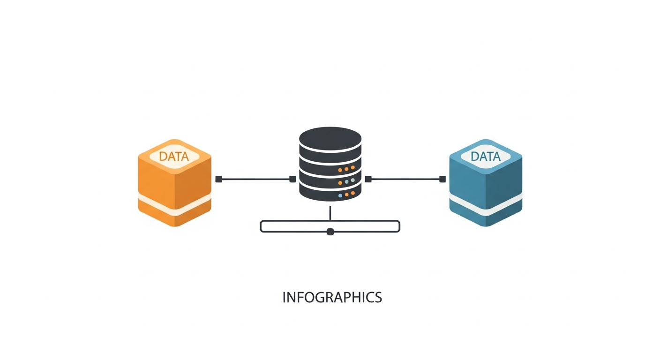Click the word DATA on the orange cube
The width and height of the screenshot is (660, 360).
[174, 157]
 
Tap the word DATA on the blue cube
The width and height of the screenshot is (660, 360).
[485, 157]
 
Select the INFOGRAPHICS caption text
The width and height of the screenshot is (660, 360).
[332, 298]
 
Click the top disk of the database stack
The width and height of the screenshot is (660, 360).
[330, 137]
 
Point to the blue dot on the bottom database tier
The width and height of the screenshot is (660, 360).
[340, 195]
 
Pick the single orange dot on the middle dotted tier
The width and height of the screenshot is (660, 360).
[352, 180]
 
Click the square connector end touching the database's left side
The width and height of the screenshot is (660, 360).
[292, 179]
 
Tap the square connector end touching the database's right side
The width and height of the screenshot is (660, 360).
[368, 179]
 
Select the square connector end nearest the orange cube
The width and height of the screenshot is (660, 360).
[218, 179]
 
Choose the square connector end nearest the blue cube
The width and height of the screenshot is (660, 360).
[442, 179]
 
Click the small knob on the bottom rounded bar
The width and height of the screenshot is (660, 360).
[330, 232]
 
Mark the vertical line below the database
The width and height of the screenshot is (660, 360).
[330, 213]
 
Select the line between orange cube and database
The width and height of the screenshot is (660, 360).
[255, 179]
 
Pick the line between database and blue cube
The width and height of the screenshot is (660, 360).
[405, 179]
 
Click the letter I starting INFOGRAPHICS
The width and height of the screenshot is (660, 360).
[284, 298]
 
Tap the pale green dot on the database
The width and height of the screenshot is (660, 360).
[346, 181]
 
